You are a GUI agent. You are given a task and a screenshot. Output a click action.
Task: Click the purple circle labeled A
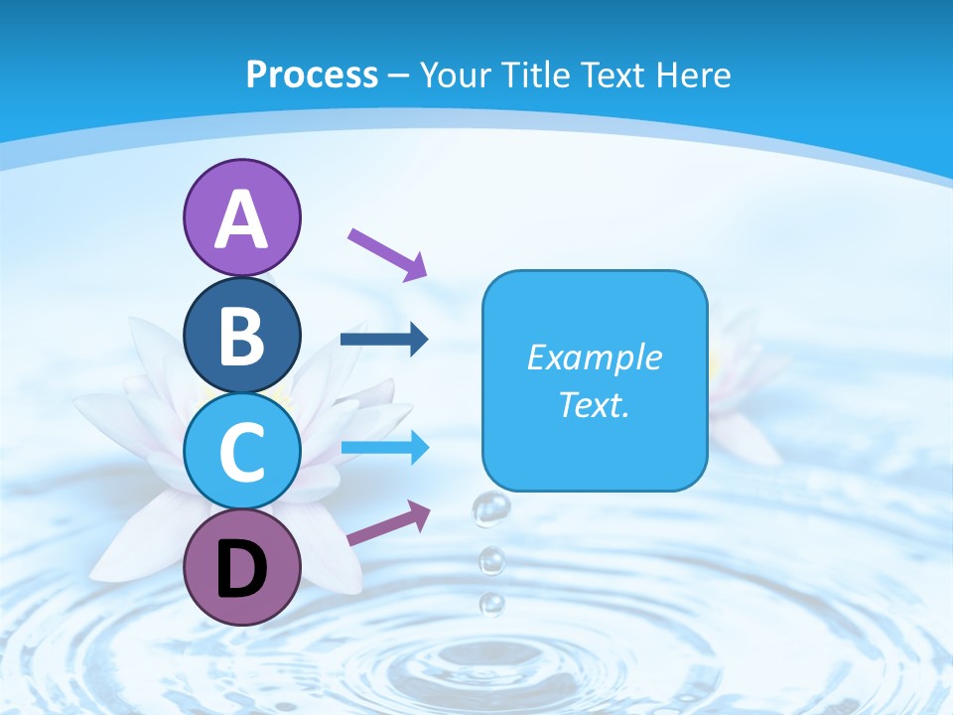[x=241, y=217]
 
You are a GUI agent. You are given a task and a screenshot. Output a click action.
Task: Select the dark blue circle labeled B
[x=241, y=335]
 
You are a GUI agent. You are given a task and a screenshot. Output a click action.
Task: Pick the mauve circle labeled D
[x=241, y=566]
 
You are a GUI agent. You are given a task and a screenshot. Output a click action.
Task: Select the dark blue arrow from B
[x=384, y=340]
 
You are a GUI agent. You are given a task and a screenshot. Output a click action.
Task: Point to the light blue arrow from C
[x=384, y=448]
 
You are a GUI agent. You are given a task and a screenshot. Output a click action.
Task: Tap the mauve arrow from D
[x=388, y=523]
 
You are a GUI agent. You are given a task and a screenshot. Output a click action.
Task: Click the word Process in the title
[x=312, y=74]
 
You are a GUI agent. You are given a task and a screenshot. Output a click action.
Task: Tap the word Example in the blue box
[x=595, y=357]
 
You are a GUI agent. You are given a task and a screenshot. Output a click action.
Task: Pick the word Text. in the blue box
[x=595, y=404]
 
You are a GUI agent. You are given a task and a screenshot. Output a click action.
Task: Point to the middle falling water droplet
[x=491, y=562]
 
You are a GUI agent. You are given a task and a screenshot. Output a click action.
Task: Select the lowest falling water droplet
[x=491, y=603]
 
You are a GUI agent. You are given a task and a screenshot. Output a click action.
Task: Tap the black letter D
[x=241, y=569]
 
